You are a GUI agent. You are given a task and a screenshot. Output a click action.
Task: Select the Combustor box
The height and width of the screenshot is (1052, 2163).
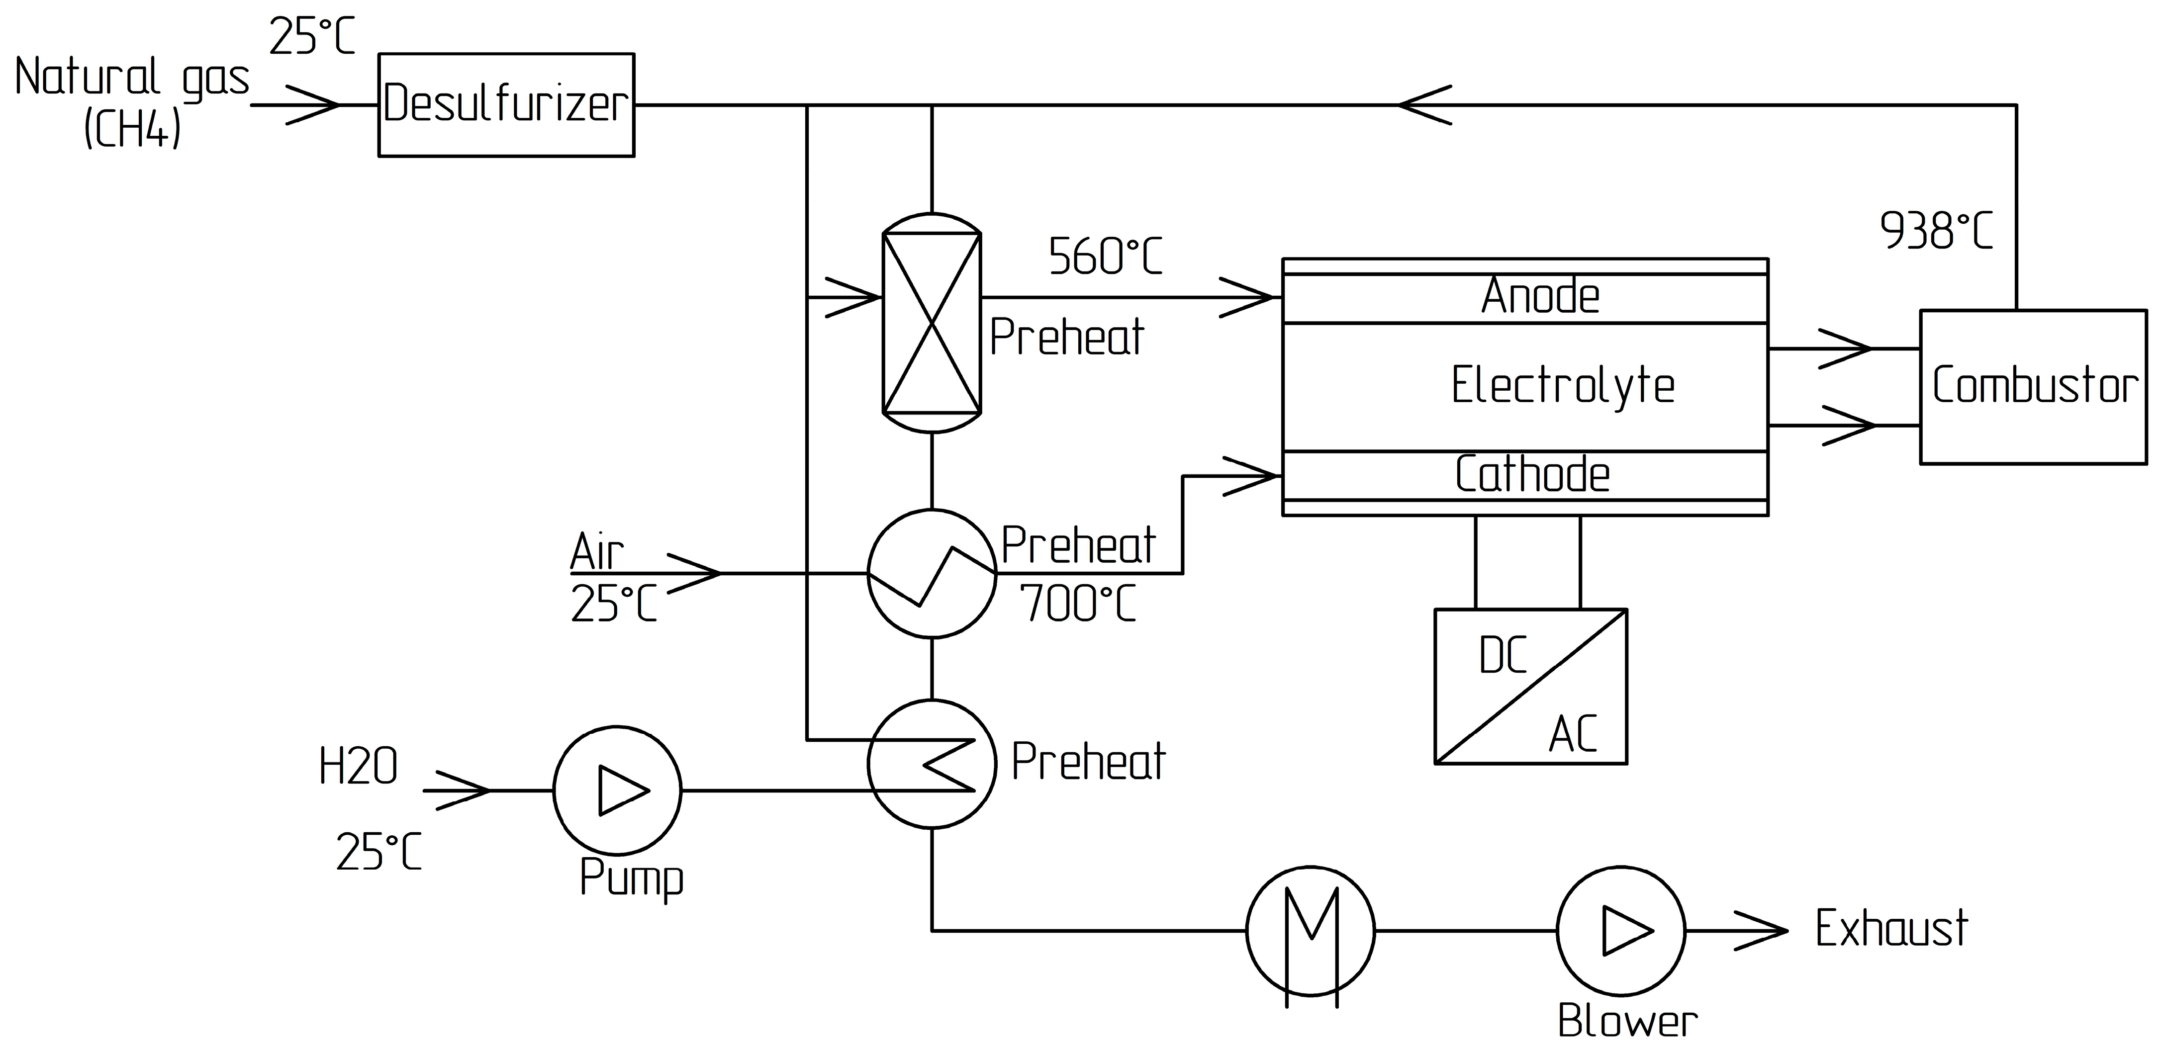2033,386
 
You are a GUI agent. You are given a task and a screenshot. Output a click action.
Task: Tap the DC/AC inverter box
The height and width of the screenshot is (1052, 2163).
1530,686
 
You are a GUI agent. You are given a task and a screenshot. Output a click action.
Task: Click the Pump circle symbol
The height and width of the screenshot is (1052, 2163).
617,790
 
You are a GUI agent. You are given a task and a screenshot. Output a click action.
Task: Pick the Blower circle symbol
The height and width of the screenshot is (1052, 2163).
1620,930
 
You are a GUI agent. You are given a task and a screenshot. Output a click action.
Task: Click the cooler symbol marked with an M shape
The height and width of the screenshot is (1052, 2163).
1310,930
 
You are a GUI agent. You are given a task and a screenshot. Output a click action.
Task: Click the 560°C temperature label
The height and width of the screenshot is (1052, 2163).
1105,257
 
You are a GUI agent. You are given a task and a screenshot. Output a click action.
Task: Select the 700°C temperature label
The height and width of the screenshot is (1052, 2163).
1078,604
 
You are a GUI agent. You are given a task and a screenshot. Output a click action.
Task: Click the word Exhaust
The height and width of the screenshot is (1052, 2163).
1891,929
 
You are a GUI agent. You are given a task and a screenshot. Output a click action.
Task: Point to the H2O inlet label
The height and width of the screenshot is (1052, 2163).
358,767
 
